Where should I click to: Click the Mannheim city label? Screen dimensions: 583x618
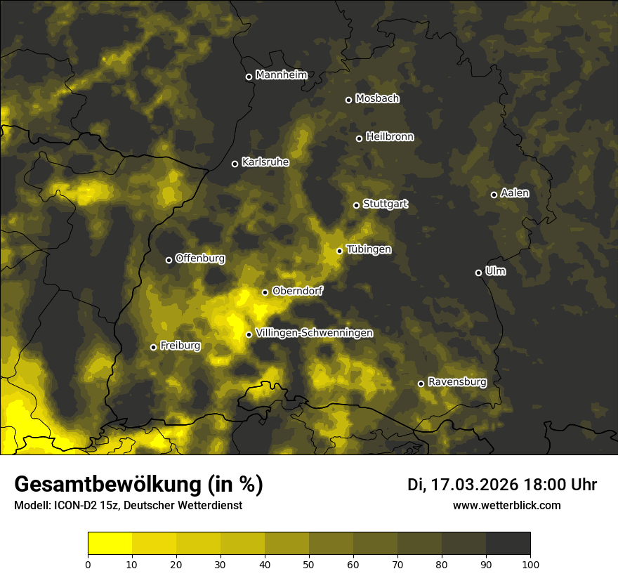point(281,75)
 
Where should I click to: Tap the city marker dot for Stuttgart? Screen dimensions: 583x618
point(356,205)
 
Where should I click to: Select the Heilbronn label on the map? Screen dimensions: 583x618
point(390,137)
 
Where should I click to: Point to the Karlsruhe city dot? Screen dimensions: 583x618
point(235,164)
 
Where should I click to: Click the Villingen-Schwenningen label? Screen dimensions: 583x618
point(314,333)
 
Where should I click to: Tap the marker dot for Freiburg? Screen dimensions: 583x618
point(153,347)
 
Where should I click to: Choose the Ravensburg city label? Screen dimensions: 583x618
point(456,382)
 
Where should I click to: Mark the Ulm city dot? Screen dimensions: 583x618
point(478,273)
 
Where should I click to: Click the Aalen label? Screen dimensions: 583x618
point(514,193)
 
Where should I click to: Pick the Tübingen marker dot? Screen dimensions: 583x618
point(339,251)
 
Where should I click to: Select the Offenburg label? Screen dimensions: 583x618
point(200,258)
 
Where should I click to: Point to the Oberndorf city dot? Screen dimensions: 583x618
point(265,292)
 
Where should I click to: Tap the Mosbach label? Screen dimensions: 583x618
point(377,99)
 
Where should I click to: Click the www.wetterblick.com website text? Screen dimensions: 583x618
point(506,505)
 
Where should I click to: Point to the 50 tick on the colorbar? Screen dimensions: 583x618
point(309,563)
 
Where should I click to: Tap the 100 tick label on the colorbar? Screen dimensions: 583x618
point(530,563)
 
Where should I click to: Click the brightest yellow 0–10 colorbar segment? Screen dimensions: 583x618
point(110,543)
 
